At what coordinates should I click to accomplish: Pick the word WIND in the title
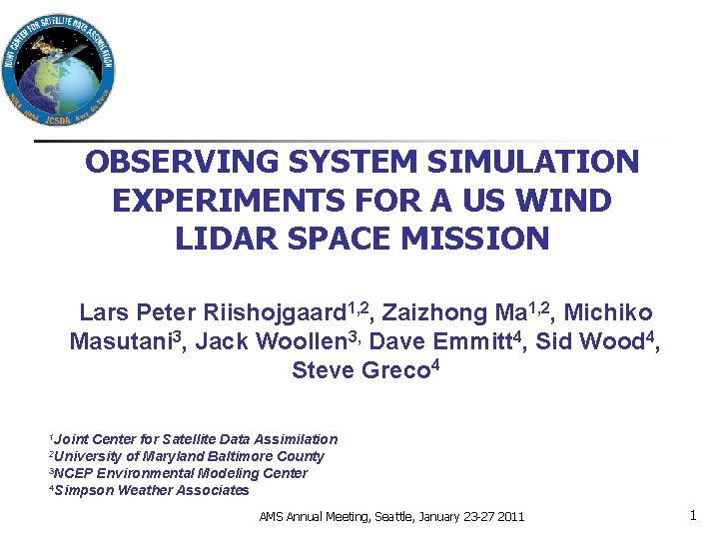point(568,201)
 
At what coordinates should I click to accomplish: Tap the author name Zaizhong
point(435,313)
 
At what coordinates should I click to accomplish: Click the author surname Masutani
point(119,342)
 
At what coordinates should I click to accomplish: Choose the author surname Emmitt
point(476,342)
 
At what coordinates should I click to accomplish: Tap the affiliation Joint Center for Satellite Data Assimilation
point(197,439)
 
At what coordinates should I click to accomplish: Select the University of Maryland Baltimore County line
point(190,456)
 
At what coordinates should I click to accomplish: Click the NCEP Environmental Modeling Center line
point(181,473)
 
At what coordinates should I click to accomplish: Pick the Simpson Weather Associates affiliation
point(153,490)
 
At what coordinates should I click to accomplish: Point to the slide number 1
point(692,516)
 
